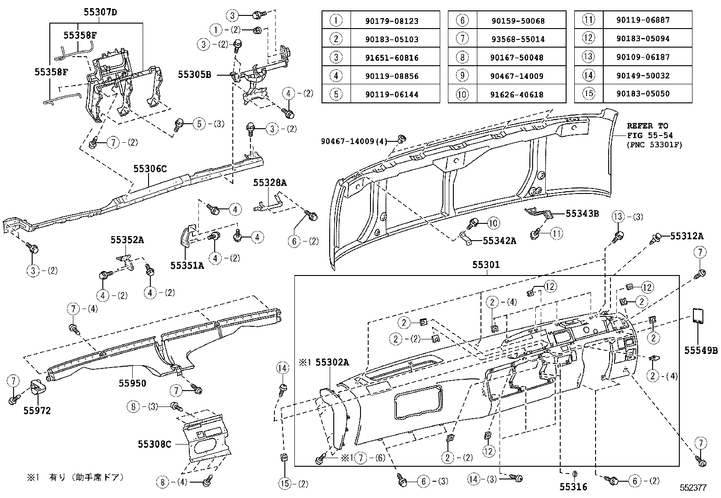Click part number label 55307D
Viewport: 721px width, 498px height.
click(100, 12)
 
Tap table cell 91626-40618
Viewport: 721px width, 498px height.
click(517, 95)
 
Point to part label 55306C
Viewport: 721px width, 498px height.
click(150, 169)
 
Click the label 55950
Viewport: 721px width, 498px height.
click(133, 383)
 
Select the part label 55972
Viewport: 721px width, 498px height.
click(37, 411)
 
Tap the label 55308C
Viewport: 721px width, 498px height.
click(154, 444)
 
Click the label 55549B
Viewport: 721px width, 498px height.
click(701, 350)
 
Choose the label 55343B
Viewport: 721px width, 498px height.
click(582, 213)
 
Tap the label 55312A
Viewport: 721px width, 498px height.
click(687, 236)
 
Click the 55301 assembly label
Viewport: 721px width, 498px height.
click(486, 265)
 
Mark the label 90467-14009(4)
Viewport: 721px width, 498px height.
click(354, 141)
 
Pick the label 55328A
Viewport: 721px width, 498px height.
click(270, 183)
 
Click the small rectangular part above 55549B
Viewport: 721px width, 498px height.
click(698, 316)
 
